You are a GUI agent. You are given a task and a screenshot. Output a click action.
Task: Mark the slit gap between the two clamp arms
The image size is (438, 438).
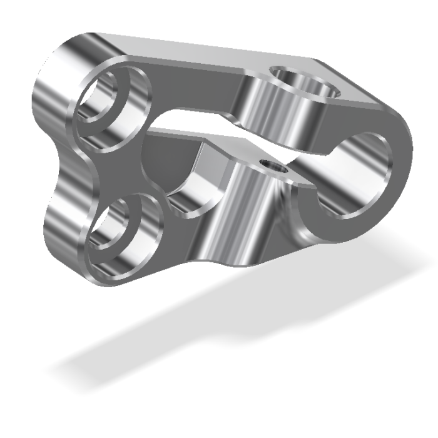206,125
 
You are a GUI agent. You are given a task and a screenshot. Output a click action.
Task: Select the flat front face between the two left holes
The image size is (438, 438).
125,172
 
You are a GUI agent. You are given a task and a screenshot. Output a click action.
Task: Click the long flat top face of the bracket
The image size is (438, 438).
188,56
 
